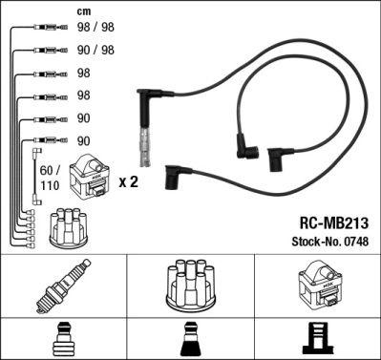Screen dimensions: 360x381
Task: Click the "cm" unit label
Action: tap(83, 11)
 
